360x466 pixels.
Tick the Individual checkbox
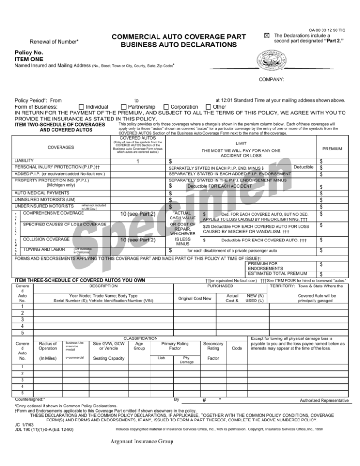[x=82, y=107]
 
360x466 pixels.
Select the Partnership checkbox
[x=124, y=107]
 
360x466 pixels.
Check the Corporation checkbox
[x=166, y=107]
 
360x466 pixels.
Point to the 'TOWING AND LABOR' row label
[x=45, y=251]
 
